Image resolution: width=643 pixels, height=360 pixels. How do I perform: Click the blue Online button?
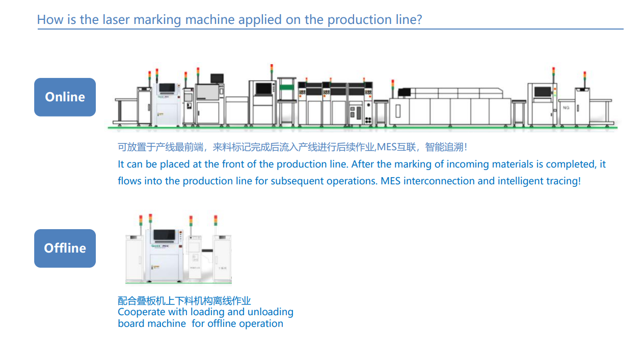click(65, 97)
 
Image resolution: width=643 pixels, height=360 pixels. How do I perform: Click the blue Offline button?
click(65, 248)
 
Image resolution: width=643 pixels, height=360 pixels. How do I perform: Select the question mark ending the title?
click(419, 20)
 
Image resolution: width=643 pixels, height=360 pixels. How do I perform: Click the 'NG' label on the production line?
click(566, 108)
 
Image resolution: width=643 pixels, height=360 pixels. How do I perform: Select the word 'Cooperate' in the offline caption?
click(141, 312)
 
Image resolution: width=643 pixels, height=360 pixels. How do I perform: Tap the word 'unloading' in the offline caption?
click(270, 312)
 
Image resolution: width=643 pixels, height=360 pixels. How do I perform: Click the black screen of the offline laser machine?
click(164, 235)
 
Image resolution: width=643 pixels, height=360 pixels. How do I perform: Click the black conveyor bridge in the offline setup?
click(207, 251)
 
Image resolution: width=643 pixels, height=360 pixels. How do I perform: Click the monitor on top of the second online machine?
click(217, 78)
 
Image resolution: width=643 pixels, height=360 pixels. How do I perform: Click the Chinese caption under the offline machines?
click(184, 301)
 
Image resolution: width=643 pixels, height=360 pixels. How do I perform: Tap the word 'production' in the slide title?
click(352, 20)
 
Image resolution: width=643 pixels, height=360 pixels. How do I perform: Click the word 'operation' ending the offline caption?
click(260, 323)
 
